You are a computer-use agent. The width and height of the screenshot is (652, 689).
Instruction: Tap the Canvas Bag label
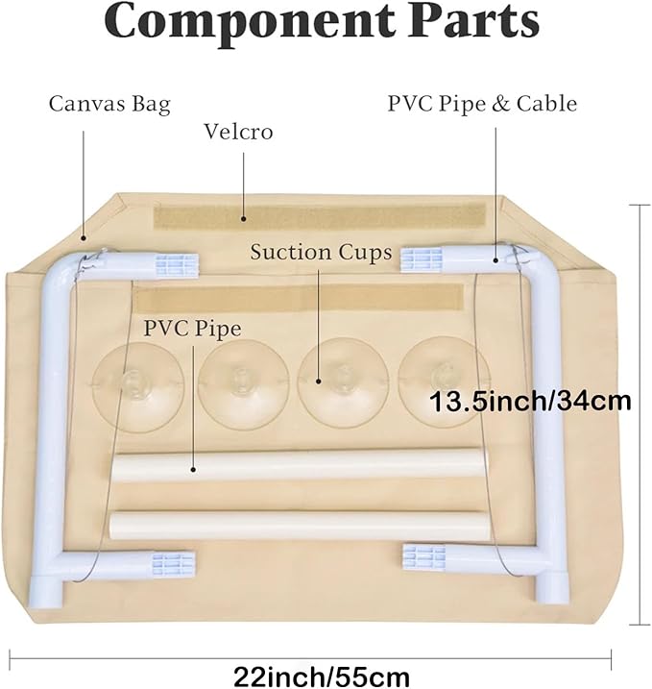[x=109, y=104]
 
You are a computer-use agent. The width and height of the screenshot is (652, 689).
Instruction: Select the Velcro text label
[x=238, y=132]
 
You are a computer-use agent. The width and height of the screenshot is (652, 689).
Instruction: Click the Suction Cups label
[x=321, y=253]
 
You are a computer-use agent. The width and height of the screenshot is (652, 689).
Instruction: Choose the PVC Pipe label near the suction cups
[x=192, y=329]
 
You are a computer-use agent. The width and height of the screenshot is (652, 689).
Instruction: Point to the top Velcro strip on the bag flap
[x=326, y=214]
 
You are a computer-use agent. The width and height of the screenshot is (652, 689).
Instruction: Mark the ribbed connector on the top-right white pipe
[x=422, y=258]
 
